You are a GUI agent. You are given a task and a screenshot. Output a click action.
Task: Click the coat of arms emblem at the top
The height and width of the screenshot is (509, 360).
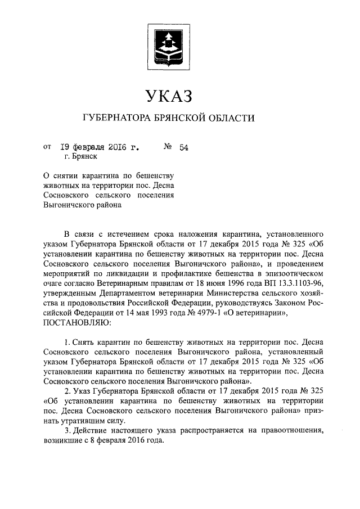[169, 41]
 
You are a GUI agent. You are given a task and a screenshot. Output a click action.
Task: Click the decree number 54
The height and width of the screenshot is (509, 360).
[183, 148]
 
